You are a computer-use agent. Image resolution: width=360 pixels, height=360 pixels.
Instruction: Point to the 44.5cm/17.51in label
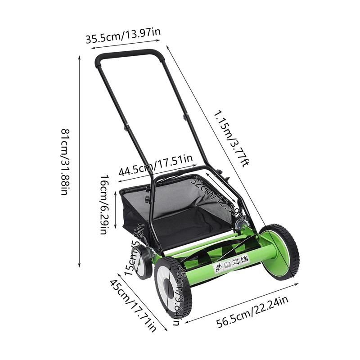point(155,165)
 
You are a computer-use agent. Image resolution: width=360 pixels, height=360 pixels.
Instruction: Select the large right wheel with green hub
point(279,252)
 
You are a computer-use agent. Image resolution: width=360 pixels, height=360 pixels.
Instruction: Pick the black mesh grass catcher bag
point(180,211)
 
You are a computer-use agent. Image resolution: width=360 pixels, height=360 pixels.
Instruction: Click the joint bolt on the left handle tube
point(126,127)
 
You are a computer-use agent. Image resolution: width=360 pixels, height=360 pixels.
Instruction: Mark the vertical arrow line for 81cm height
point(80,162)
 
